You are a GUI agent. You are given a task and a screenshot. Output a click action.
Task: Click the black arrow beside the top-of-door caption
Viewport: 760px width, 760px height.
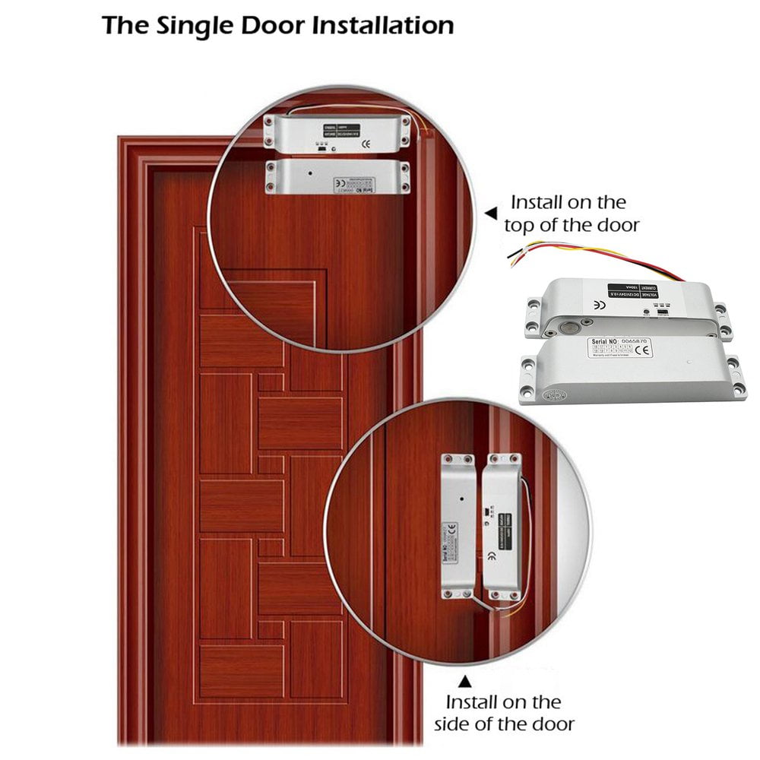click(x=492, y=214)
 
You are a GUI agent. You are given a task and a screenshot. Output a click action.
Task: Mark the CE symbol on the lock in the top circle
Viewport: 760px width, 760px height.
click(x=365, y=142)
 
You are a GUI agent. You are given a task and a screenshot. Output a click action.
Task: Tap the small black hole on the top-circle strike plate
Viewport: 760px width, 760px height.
click(x=310, y=173)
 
